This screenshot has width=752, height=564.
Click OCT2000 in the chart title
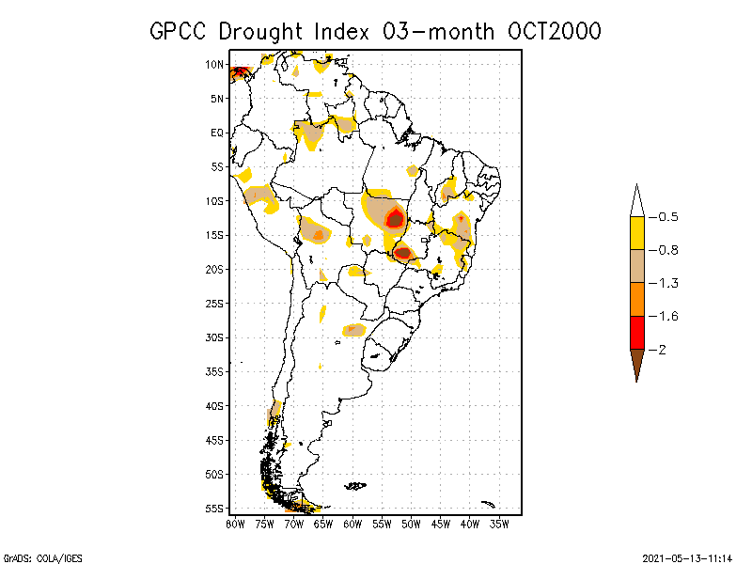pos(552,31)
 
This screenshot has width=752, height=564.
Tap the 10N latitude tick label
pos(214,65)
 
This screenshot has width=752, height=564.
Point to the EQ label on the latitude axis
pos(217,133)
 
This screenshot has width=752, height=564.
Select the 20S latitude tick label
pos(214,269)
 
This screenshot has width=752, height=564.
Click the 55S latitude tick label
pos(214,509)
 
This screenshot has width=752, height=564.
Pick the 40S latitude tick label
pos(214,405)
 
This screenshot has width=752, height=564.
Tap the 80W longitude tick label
pos(235,523)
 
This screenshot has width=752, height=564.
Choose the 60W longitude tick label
pos(353,523)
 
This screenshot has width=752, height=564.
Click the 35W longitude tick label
pos(499,523)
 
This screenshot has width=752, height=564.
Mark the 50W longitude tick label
pos(412,523)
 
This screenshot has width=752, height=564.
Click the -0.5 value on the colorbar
pos(666,217)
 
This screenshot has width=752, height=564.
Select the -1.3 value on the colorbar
pos(666,283)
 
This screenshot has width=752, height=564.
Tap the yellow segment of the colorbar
pos(636,233)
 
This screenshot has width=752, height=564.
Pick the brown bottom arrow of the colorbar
pos(636,363)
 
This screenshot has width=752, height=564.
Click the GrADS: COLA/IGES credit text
pos(42,557)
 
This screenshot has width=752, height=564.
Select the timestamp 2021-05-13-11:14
pos(687,557)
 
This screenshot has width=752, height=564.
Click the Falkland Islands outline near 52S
pos(354,486)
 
